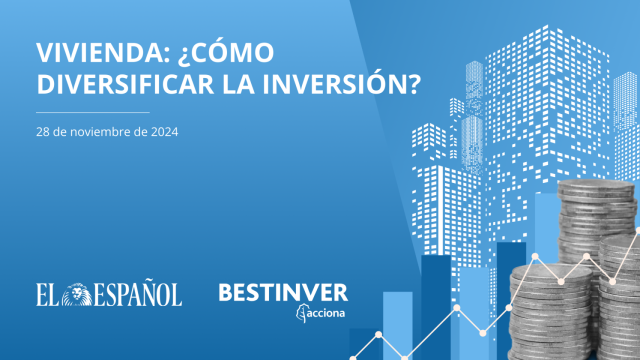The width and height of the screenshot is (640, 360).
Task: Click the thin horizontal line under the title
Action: click(91, 113)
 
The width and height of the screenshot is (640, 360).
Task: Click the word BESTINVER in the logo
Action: click(283, 293)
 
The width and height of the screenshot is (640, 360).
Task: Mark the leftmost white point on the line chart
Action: click(379, 334)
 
